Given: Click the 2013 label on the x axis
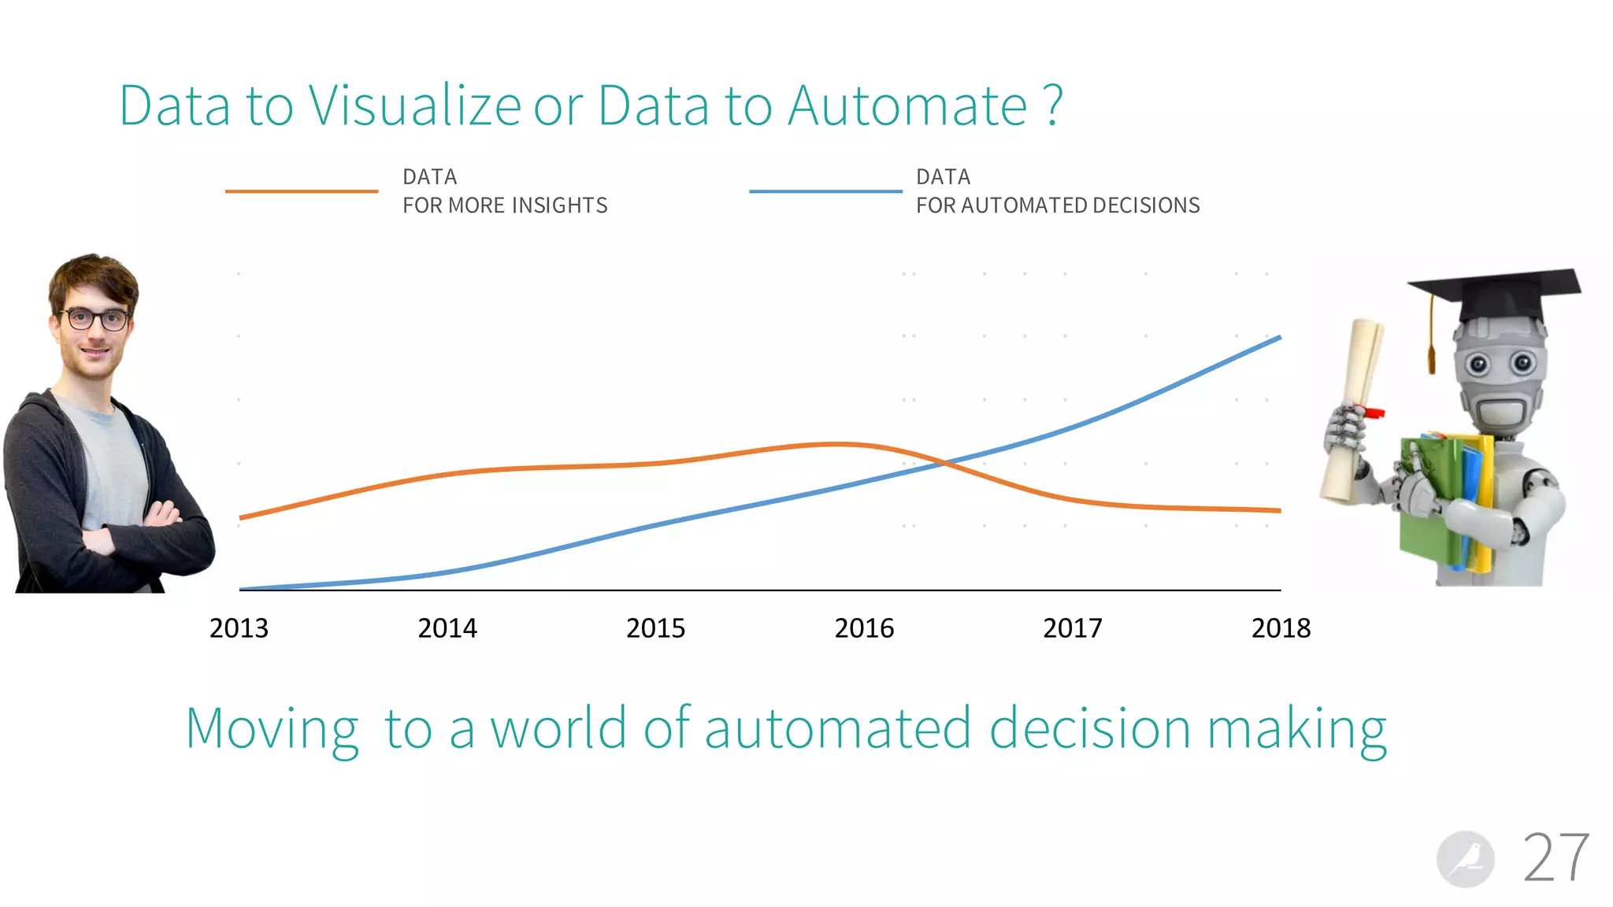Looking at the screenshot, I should [239, 628].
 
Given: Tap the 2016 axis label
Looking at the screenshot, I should [864, 628].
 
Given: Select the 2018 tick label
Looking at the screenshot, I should [1281, 628].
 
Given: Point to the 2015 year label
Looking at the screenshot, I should [655, 628].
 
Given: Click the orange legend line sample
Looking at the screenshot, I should [302, 191].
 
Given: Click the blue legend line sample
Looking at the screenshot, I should [825, 191].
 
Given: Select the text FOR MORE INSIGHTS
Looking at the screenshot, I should [505, 205].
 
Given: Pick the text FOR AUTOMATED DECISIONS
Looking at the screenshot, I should [1058, 205].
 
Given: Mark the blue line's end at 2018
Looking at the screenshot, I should [1279, 338].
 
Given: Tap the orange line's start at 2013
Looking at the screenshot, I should [241, 517].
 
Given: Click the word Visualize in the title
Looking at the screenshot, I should [414, 106].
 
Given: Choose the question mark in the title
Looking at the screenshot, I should [1054, 106].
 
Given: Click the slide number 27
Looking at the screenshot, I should [1556, 858].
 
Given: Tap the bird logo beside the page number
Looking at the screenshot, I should [1465, 859].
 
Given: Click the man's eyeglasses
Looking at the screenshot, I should [95, 319].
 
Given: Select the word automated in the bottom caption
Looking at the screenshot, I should [838, 728].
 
